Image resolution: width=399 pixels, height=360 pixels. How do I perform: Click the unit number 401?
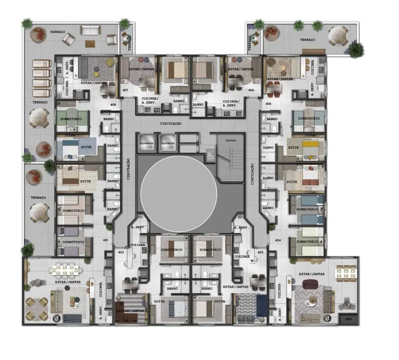pos(105,240)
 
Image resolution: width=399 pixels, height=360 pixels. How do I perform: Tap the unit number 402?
pos(121,252)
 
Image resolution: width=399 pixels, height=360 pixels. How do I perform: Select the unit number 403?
pos(260,252)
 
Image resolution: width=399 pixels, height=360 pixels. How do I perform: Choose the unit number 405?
pos(268,104)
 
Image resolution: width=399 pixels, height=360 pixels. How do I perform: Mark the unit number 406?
pos(251,90)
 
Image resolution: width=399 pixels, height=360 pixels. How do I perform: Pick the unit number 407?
pos(125,90)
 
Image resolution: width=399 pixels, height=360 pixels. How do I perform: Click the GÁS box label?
pos(348,320)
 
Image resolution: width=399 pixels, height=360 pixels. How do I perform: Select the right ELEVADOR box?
pos(168,143)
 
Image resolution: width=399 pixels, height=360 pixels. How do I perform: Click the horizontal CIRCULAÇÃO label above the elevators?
pos(170,124)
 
